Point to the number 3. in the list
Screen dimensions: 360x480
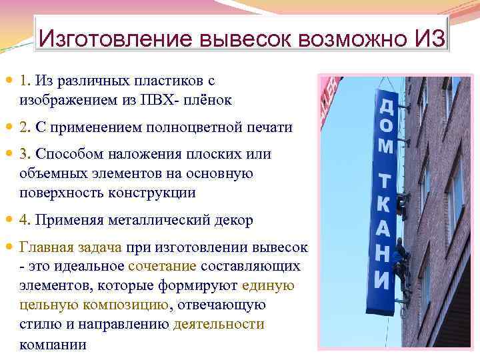tap(26, 154)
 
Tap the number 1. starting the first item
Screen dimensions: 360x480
tap(26, 81)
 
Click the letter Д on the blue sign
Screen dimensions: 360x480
tap(386, 107)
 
